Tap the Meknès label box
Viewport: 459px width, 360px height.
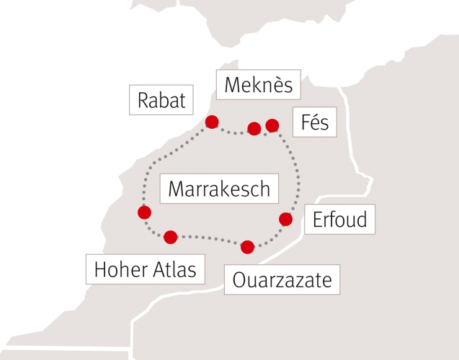pos(258,86)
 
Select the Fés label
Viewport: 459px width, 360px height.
pos(314,123)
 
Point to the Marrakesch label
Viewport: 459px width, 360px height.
pos(219,189)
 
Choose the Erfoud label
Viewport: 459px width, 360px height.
pos(339,219)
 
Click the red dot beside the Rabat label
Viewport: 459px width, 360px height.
pos(212,122)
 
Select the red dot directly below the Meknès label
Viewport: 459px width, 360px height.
pos(254,129)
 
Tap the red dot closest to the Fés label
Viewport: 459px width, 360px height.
pos(272,125)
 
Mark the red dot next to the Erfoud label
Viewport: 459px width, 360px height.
pos(285,219)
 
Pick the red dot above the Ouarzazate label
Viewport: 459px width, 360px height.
pos(247,247)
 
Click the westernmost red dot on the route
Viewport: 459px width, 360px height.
pos(144,212)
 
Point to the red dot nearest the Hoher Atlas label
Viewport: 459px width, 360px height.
pos(170,237)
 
